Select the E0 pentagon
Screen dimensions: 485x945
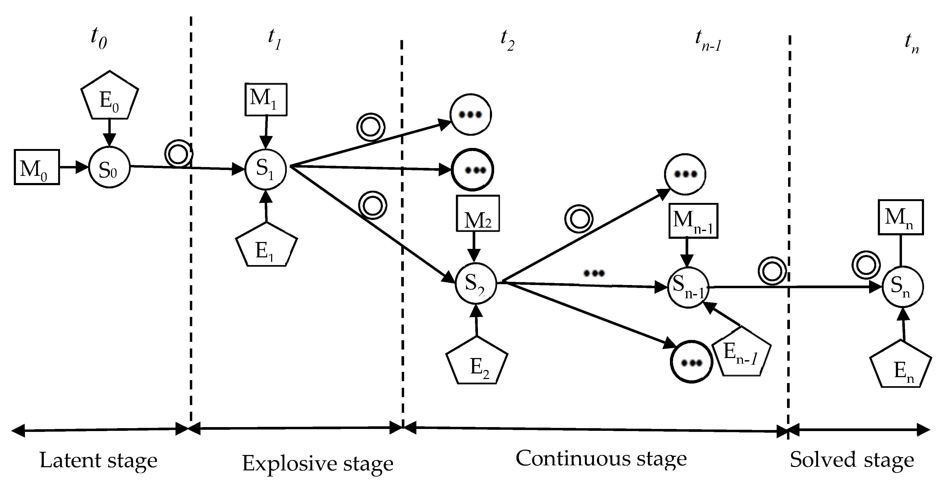click(x=109, y=97)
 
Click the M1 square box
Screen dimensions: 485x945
click(x=266, y=99)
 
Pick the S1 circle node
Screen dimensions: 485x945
click(x=266, y=169)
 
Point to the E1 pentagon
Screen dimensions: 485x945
click(x=266, y=247)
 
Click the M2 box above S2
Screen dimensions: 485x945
click(x=478, y=214)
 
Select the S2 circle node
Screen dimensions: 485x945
click(x=476, y=284)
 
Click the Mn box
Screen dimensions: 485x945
click(x=900, y=217)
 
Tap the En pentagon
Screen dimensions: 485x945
click(x=901, y=366)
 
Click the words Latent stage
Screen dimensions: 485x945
click(x=98, y=460)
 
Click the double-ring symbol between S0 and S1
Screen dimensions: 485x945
click(x=178, y=154)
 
